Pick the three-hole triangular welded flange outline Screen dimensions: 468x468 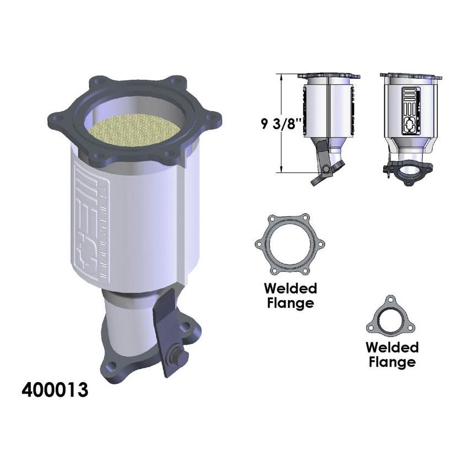click(390, 319)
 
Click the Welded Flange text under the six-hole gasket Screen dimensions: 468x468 click(290, 295)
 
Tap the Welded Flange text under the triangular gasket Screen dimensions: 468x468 click(392, 354)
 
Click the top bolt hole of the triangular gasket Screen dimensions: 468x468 click(390, 300)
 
